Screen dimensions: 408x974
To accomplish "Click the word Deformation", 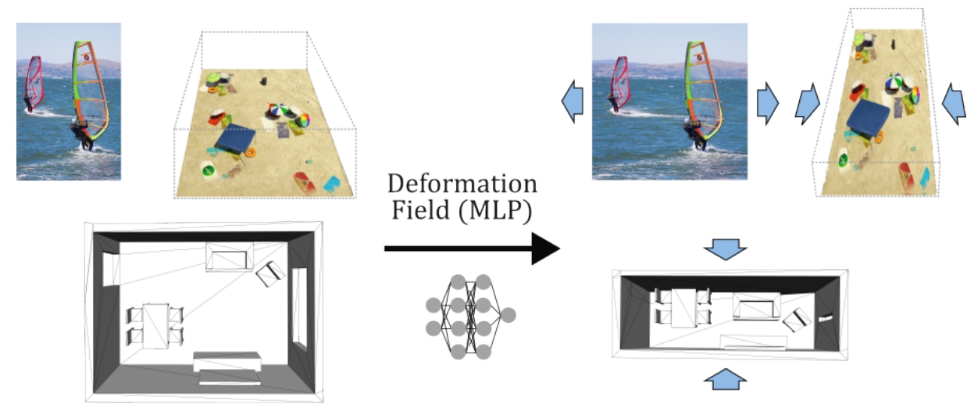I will [462, 185].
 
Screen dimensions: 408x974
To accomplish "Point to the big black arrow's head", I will [547, 249].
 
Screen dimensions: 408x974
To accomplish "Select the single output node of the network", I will [508, 315].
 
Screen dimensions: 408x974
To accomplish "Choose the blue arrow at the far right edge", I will [954, 103].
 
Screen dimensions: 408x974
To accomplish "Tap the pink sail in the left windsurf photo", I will [34, 78].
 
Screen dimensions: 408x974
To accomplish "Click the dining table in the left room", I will [155, 324].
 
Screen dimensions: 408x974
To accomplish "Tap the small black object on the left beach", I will [265, 81].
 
